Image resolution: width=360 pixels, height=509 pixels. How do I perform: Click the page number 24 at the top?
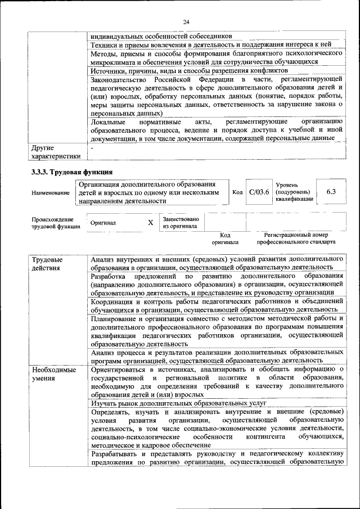point(186,21)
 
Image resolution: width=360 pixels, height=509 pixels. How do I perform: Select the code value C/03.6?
point(259,192)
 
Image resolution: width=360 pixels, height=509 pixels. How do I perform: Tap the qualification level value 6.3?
point(331,192)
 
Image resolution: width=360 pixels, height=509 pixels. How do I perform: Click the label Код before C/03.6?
point(237,192)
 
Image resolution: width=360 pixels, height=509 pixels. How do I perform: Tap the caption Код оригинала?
point(225,238)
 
